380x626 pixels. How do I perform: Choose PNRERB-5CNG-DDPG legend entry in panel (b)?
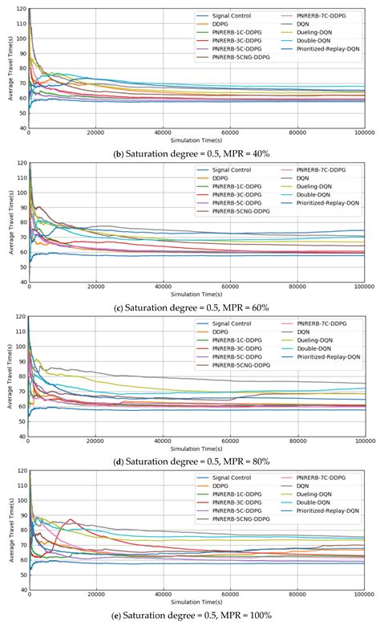click(x=240, y=59)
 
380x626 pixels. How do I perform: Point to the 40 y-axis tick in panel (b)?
click(x=20, y=128)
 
